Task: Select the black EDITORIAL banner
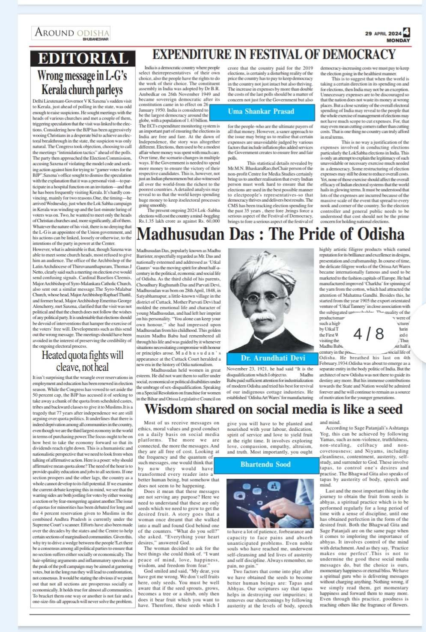[x=83, y=59]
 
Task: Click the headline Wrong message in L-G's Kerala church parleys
[x=82, y=83]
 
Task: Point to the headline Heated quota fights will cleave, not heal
[x=82, y=361]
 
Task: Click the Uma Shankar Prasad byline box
[x=261, y=111]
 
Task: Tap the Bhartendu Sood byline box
[x=265, y=464]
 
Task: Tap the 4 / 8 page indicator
[x=369, y=333]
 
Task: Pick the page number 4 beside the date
[x=407, y=32]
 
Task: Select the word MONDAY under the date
[x=398, y=40]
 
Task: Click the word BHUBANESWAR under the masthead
[x=96, y=39]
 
